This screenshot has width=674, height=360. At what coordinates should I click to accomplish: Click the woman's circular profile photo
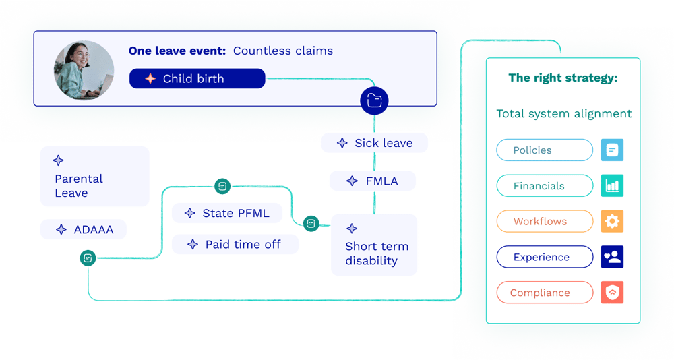pos(84,70)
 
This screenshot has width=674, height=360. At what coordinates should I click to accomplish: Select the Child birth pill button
pos(197,79)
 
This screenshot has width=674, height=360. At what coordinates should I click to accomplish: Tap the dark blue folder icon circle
pos(374,101)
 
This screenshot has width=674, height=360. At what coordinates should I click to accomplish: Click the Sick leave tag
pos(375,143)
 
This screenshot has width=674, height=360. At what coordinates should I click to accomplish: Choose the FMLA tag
pos(373,181)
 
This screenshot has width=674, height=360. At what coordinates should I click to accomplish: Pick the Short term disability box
pos(374,245)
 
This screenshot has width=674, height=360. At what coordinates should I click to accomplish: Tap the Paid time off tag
pos(235,245)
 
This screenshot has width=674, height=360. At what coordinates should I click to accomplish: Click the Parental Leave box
pos(94,177)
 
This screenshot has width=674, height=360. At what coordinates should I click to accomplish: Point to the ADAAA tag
pos(84,230)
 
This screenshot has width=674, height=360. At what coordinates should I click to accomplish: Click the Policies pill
pos(545,150)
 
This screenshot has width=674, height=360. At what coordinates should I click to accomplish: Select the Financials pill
pos(545,186)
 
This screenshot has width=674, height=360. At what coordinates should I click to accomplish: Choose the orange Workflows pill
pos(545,222)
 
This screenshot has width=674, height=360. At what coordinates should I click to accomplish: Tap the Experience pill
pos(545,258)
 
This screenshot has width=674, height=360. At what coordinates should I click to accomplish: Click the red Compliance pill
pos(545,293)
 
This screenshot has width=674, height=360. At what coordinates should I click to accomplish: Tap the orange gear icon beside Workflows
pos(612,221)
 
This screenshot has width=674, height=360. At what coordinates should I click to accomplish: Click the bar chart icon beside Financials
pos(612,185)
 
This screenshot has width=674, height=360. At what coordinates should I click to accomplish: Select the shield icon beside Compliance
pos(612,293)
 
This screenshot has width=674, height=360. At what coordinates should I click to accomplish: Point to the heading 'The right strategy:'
pos(563,78)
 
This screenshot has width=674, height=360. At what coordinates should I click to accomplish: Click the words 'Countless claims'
pos(283,51)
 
